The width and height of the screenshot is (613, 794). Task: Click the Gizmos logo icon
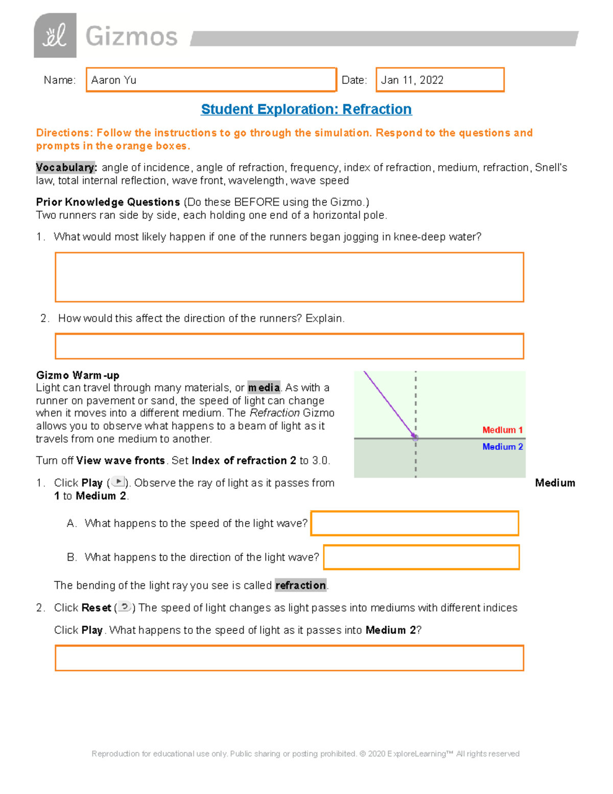pyautogui.click(x=55, y=36)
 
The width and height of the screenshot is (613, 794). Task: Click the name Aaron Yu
pyautogui.click(x=114, y=80)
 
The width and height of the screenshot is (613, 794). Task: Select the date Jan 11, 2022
pyautogui.click(x=412, y=80)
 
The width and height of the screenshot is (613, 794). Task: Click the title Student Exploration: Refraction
pyautogui.click(x=306, y=109)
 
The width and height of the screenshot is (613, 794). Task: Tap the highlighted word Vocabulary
pyautogui.click(x=65, y=168)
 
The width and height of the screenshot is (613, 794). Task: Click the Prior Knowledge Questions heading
pyautogui.click(x=108, y=202)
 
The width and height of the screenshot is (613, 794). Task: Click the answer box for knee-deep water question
pyautogui.click(x=289, y=277)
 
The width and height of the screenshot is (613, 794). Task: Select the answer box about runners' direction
pyautogui.click(x=289, y=346)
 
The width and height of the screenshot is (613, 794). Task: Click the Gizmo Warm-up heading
pyautogui.click(x=78, y=375)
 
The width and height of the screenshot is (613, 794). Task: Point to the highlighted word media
pyautogui.click(x=264, y=388)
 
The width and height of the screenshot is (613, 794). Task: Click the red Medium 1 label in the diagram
pyautogui.click(x=502, y=430)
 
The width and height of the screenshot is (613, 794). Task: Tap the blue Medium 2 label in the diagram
pyautogui.click(x=502, y=447)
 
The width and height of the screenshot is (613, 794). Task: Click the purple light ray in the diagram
pyautogui.click(x=388, y=404)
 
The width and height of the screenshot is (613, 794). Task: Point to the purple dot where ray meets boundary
pyautogui.click(x=415, y=438)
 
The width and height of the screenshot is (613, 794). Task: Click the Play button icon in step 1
pyautogui.click(x=118, y=482)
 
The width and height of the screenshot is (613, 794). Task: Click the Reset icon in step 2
pyautogui.click(x=124, y=607)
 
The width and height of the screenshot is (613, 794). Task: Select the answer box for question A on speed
pyautogui.click(x=414, y=523)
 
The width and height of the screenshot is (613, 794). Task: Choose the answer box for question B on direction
pyautogui.click(x=421, y=557)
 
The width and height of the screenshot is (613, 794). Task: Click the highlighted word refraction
pyautogui.click(x=300, y=585)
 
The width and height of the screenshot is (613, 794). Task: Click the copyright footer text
pyautogui.click(x=305, y=754)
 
